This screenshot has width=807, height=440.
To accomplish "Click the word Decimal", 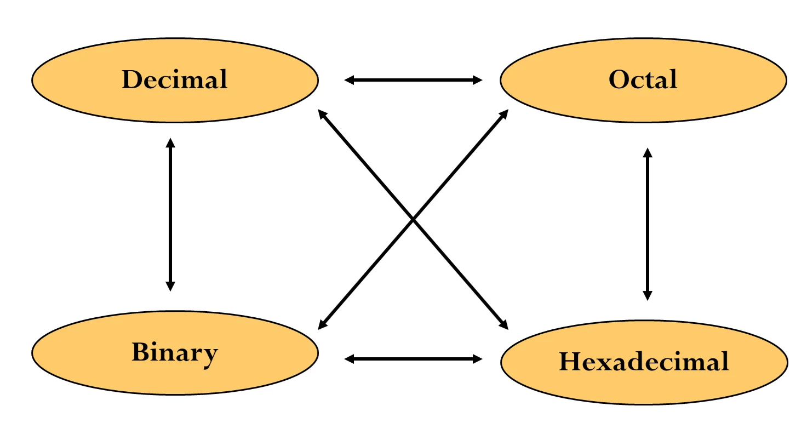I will click(x=174, y=80).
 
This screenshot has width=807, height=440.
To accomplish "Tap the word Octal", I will click(x=643, y=80).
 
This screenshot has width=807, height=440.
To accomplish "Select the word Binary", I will click(x=174, y=352).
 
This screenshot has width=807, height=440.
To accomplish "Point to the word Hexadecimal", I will click(x=644, y=362).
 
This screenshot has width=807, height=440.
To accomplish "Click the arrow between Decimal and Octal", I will click(x=413, y=81).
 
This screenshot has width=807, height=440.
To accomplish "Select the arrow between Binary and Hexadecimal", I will click(x=413, y=359).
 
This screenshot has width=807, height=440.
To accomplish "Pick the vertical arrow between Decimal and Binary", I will click(x=170, y=214).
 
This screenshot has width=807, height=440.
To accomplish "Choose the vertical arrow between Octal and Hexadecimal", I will click(x=648, y=224).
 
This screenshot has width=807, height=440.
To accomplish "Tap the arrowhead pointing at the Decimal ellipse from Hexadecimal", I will click(x=323, y=116).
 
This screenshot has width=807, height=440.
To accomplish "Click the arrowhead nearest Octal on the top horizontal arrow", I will click(x=477, y=81).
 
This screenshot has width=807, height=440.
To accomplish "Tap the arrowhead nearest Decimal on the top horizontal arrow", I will click(x=350, y=81).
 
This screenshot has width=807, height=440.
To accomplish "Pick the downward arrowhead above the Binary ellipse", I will click(x=170, y=285).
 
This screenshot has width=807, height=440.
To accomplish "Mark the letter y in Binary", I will click(x=210, y=355).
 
